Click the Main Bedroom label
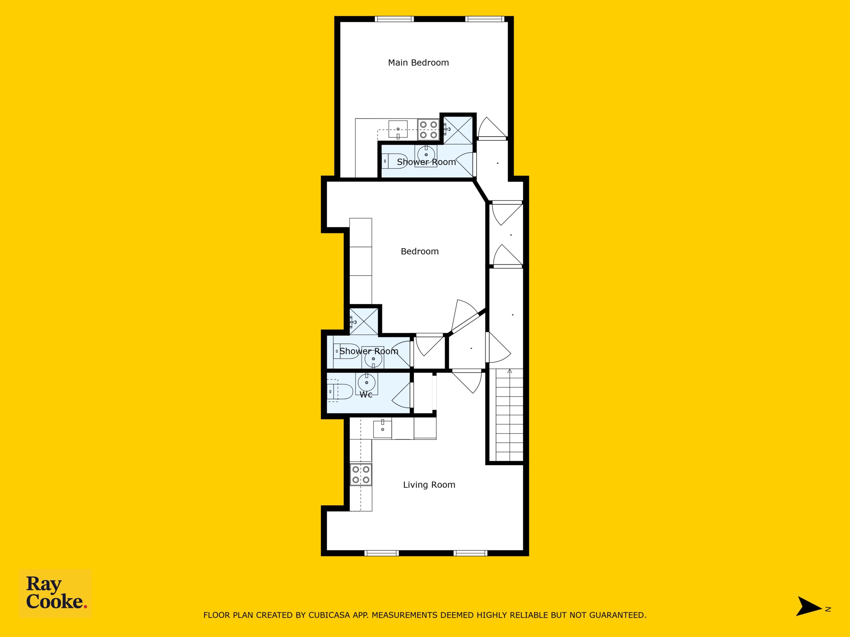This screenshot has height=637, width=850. pos(418,63)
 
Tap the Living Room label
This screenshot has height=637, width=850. pos(429,485)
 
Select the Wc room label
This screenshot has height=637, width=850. pos(366,395)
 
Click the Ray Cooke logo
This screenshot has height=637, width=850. pos(56,593)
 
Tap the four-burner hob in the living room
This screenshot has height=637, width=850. pos(361,474)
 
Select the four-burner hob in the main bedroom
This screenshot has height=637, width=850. pos(428,130)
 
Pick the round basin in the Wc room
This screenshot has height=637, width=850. pos(367,383)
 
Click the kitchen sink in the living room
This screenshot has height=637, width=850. pos(382,429)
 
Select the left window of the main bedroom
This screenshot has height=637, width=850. pos(394,19)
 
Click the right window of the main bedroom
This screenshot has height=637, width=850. pos(484,19)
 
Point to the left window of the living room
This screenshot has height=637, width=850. pos(382,553)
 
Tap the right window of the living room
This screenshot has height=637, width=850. pos(470,553)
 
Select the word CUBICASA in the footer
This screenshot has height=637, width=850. pos(329,615)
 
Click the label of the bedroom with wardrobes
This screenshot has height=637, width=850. pos(420,251)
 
